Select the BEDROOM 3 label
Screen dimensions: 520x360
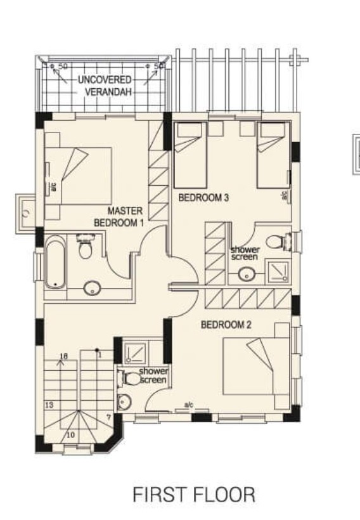click(x=203, y=198)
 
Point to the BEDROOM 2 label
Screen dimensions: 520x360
click(x=226, y=325)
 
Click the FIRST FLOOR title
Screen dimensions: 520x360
click(x=194, y=495)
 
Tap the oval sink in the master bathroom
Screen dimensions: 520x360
click(x=93, y=289)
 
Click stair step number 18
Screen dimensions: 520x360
click(x=63, y=356)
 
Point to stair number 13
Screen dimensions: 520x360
click(x=49, y=404)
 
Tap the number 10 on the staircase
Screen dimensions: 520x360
click(x=70, y=435)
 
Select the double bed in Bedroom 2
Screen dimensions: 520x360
click(x=256, y=366)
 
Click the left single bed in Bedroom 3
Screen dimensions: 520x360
click(x=191, y=153)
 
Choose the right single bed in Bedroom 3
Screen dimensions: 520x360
click(x=273, y=153)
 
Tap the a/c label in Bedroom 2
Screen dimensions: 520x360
click(x=188, y=405)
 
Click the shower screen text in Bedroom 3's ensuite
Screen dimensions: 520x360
click(x=245, y=253)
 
